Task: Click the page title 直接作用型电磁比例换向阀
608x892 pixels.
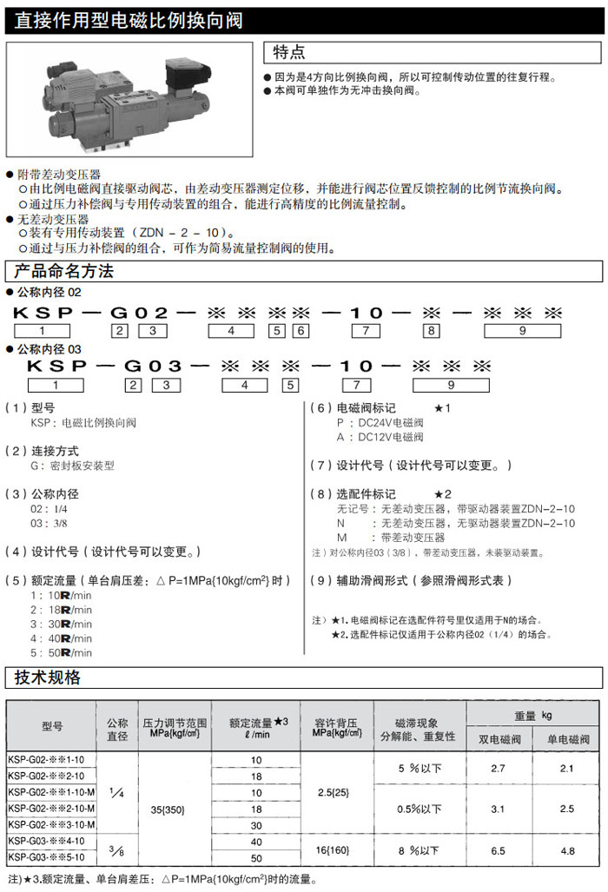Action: pyautogui.click(x=129, y=19)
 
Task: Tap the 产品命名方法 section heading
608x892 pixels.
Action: pyautogui.click(x=60, y=271)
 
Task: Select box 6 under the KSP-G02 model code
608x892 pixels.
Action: pyautogui.click(x=300, y=330)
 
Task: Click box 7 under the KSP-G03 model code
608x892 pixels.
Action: pyautogui.click(x=367, y=385)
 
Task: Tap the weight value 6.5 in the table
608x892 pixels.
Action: pyautogui.click(x=498, y=851)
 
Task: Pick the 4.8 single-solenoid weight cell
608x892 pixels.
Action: pyautogui.click(x=567, y=851)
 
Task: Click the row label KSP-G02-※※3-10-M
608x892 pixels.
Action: pyautogui.click(x=51, y=823)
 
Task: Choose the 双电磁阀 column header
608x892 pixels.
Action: pyautogui.click(x=499, y=739)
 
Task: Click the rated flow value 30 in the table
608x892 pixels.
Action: pyautogui.click(x=256, y=824)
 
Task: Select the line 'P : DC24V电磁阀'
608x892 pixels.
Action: pyautogui.click(x=380, y=423)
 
